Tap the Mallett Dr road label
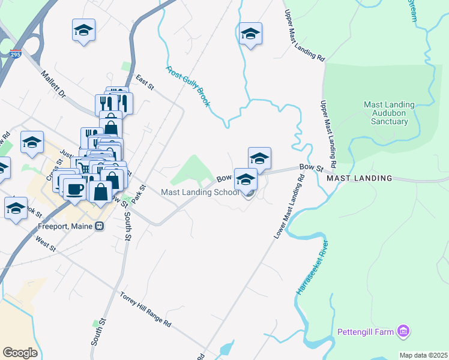click(53, 86)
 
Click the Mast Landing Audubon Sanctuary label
click(386, 113)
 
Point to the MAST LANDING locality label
click(359, 178)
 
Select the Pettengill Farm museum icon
click(404, 331)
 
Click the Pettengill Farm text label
click(365, 331)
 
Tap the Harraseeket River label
click(312, 268)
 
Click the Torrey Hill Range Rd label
click(146, 310)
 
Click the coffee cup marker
click(75, 189)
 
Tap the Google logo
click(20, 353)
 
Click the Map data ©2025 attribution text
click(423, 355)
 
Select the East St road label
click(145, 83)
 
